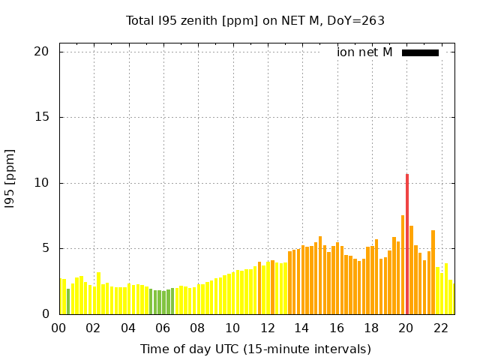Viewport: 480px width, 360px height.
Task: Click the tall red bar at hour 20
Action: click(x=407, y=244)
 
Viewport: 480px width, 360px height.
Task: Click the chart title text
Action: click(x=255, y=20)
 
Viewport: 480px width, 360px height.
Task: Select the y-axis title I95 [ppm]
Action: click(x=10, y=183)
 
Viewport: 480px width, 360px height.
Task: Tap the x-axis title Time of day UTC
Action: click(x=255, y=349)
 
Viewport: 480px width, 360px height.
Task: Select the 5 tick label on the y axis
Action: click(x=45, y=249)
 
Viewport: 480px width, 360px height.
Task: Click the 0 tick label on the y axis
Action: click(x=45, y=314)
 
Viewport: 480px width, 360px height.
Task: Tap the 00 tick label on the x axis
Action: click(x=59, y=328)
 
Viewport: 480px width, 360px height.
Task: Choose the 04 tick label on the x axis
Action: click(x=129, y=328)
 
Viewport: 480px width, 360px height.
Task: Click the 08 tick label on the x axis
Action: click(x=198, y=328)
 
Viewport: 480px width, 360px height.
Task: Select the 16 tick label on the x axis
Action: click(x=337, y=328)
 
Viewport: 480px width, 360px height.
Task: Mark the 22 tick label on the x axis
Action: click(x=441, y=328)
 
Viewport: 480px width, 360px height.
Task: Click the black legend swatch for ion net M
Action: click(x=420, y=52)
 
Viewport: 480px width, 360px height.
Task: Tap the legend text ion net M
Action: click(x=364, y=52)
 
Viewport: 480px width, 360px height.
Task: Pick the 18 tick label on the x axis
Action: click(x=371, y=328)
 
